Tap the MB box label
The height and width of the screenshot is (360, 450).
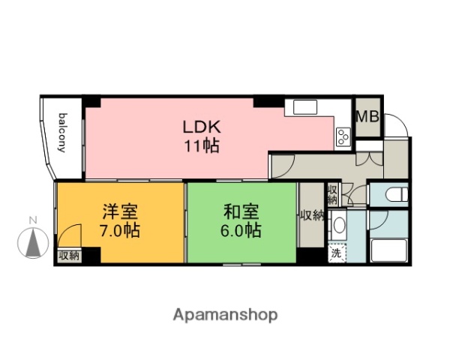pyautogui.click(x=367, y=118)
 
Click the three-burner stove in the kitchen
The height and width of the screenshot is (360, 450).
pyautogui.click(x=343, y=137)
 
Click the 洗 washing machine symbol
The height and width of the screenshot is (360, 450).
pyautogui.click(x=337, y=253)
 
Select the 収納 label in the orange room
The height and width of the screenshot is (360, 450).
pyautogui.click(x=69, y=256)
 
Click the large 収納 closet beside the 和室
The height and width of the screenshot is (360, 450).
pyautogui.click(x=311, y=216)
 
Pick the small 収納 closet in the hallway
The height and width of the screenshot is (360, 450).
pyautogui.click(x=332, y=195)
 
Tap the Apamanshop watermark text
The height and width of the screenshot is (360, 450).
pyautogui.click(x=226, y=314)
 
